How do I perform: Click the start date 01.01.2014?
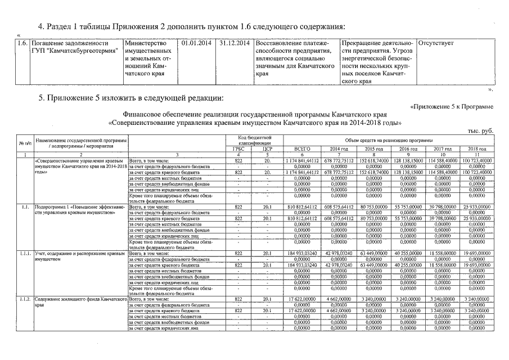tap(197, 43)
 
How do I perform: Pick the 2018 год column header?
tap(476, 148)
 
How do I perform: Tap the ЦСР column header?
tap(267, 148)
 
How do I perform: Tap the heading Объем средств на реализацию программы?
tap(389, 139)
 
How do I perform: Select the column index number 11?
tap(476, 154)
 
